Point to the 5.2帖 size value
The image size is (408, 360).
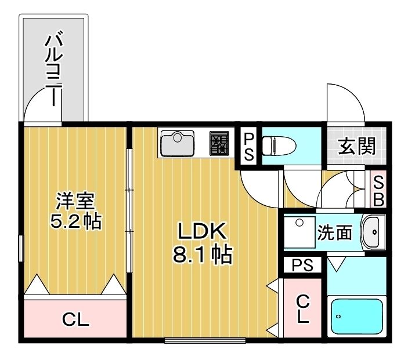(x=75, y=222)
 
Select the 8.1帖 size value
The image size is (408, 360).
(x=202, y=255)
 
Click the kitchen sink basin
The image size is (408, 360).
(x=178, y=143)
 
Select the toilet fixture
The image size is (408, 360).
(x=278, y=146)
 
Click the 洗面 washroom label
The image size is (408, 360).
(x=334, y=232)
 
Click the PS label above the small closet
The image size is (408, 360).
(x=302, y=266)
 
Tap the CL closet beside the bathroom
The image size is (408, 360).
(x=302, y=308)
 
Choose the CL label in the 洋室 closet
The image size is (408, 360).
(x=75, y=319)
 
